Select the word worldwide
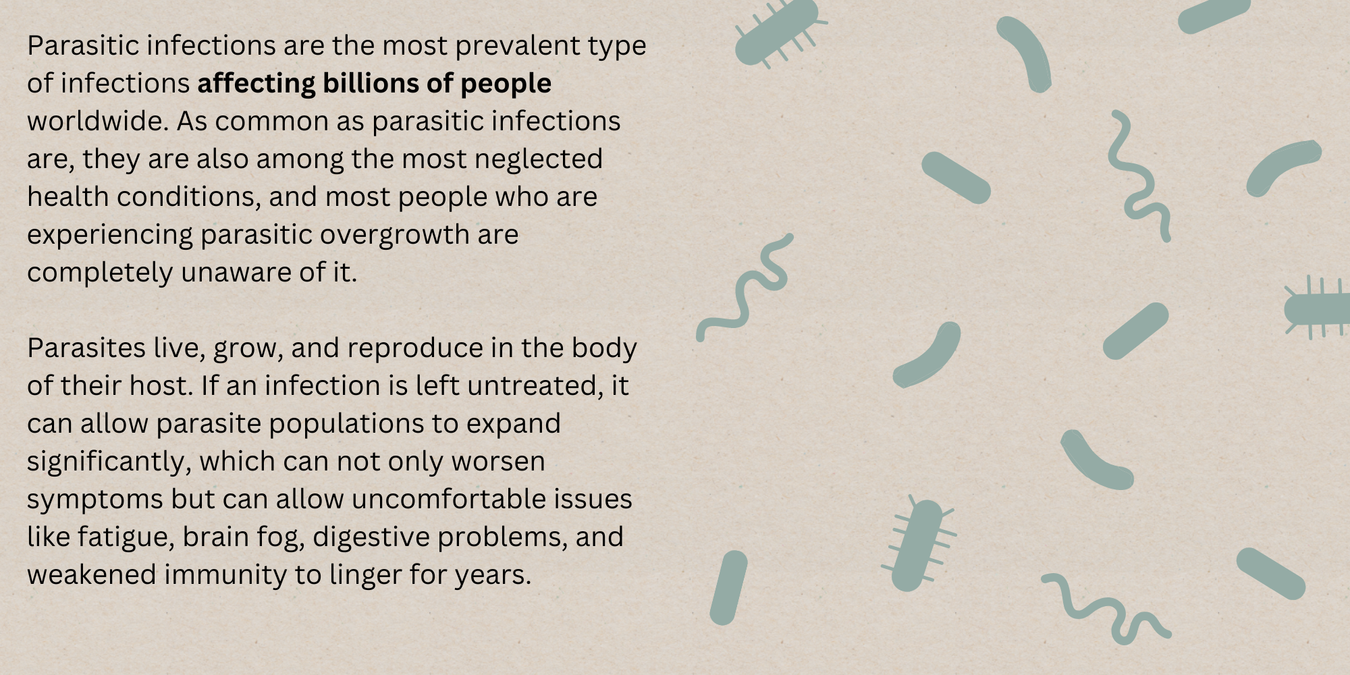pyautogui.click(x=98, y=121)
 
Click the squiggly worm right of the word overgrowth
pyautogui.click(x=744, y=287)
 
